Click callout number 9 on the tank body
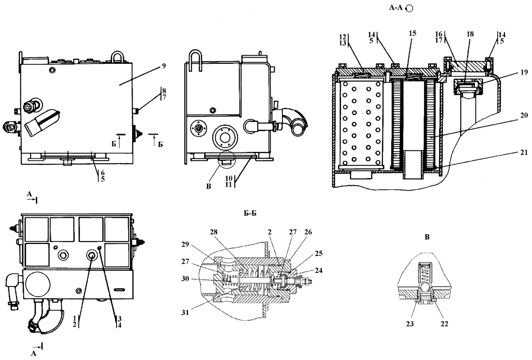(163, 66)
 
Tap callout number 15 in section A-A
(413, 33)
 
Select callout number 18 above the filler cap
(470, 34)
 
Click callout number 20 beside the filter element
(524, 115)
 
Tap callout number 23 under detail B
(410, 324)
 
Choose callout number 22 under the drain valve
(444, 324)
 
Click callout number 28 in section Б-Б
(214, 232)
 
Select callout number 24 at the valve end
(319, 270)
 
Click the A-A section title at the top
(396, 7)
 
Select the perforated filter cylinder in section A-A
(361, 124)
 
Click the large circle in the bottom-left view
(38, 285)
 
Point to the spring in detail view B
(425, 273)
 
